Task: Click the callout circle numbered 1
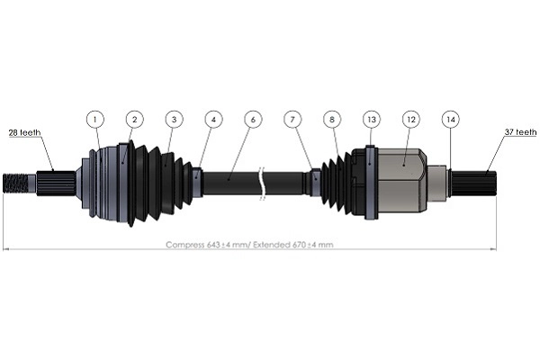pos(96,118)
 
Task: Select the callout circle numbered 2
pos(134,118)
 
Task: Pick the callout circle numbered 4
pos(212,118)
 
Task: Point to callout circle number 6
pos(253,118)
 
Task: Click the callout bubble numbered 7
pos(292,118)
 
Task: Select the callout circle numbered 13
pos(371,118)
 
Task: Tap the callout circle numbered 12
pos(410,118)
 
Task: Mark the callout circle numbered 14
pos(450,118)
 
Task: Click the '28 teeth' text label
pos(22,133)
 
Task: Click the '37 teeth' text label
pos(519,133)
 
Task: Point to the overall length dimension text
pos(249,244)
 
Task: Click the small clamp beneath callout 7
pos(314,182)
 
